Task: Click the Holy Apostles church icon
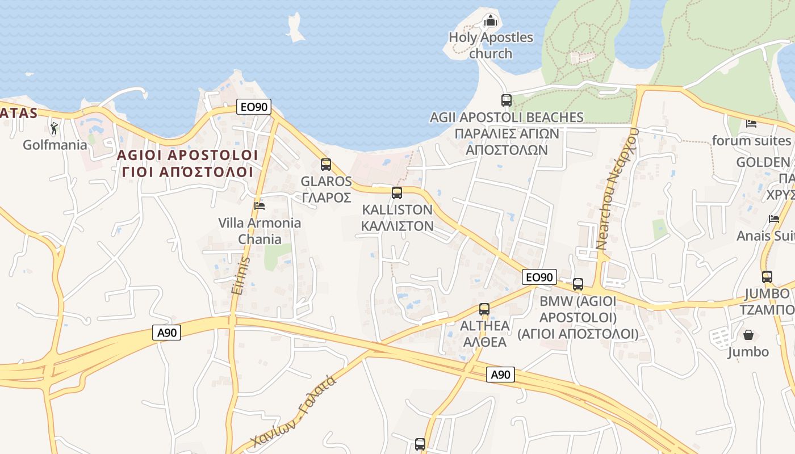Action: (490, 22)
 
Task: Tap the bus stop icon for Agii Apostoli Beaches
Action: (506, 100)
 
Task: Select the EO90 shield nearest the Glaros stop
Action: (254, 107)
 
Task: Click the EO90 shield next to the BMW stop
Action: (539, 277)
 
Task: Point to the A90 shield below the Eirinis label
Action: (166, 333)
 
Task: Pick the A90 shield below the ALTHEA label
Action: (500, 375)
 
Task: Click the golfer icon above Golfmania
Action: (54, 129)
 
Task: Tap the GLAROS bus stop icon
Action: (325, 165)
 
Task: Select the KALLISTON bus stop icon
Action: (396, 193)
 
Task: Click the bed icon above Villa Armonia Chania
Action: (260, 205)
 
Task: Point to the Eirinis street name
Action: (241, 276)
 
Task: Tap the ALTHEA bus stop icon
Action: (484, 309)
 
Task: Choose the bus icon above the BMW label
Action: (578, 284)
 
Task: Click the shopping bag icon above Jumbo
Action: (748, 335)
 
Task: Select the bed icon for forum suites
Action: (751, 123)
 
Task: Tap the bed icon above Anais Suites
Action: (773, 219)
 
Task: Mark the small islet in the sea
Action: (295, 28)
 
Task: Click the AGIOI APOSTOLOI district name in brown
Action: (187, 155)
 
